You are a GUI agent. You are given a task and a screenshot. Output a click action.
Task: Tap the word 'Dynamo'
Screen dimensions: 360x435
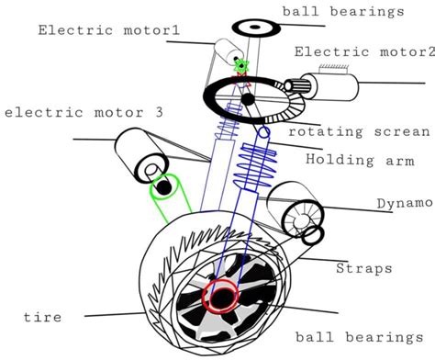pos(404,202)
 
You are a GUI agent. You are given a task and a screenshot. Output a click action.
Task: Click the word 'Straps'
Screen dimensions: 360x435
pos(363,269)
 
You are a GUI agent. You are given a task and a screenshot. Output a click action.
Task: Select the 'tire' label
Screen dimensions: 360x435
pos(42,317)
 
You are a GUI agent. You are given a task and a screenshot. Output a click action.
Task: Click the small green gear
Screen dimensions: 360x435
pos(242,66)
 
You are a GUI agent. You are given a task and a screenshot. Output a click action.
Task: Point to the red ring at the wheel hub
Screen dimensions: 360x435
pos(221,298)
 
